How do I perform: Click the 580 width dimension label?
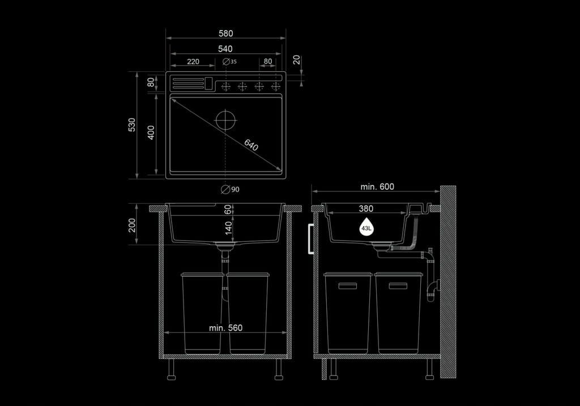pos(225,33)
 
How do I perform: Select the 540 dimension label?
pos(225,49)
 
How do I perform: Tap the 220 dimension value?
pos(193,61)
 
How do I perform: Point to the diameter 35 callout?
pos(230,61)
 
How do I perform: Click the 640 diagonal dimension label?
pos(251,145)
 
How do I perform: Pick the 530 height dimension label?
pos(132,125)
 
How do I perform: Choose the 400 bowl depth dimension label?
pos(151,133)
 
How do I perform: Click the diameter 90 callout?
pos(230,189)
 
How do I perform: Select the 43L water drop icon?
pos(366,227)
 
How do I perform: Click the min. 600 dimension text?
pos(377,187)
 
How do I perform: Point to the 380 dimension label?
pos(366,208)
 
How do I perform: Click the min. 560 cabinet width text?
pos(225,328)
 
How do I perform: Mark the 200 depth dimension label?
pos(132,225)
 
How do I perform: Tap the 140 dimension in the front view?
pos(229,228)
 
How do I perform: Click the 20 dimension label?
pos(297,60)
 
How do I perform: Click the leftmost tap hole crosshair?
pos(225,87)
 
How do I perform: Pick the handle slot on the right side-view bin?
pos(398,286)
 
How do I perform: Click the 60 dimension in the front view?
pos(228,210)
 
